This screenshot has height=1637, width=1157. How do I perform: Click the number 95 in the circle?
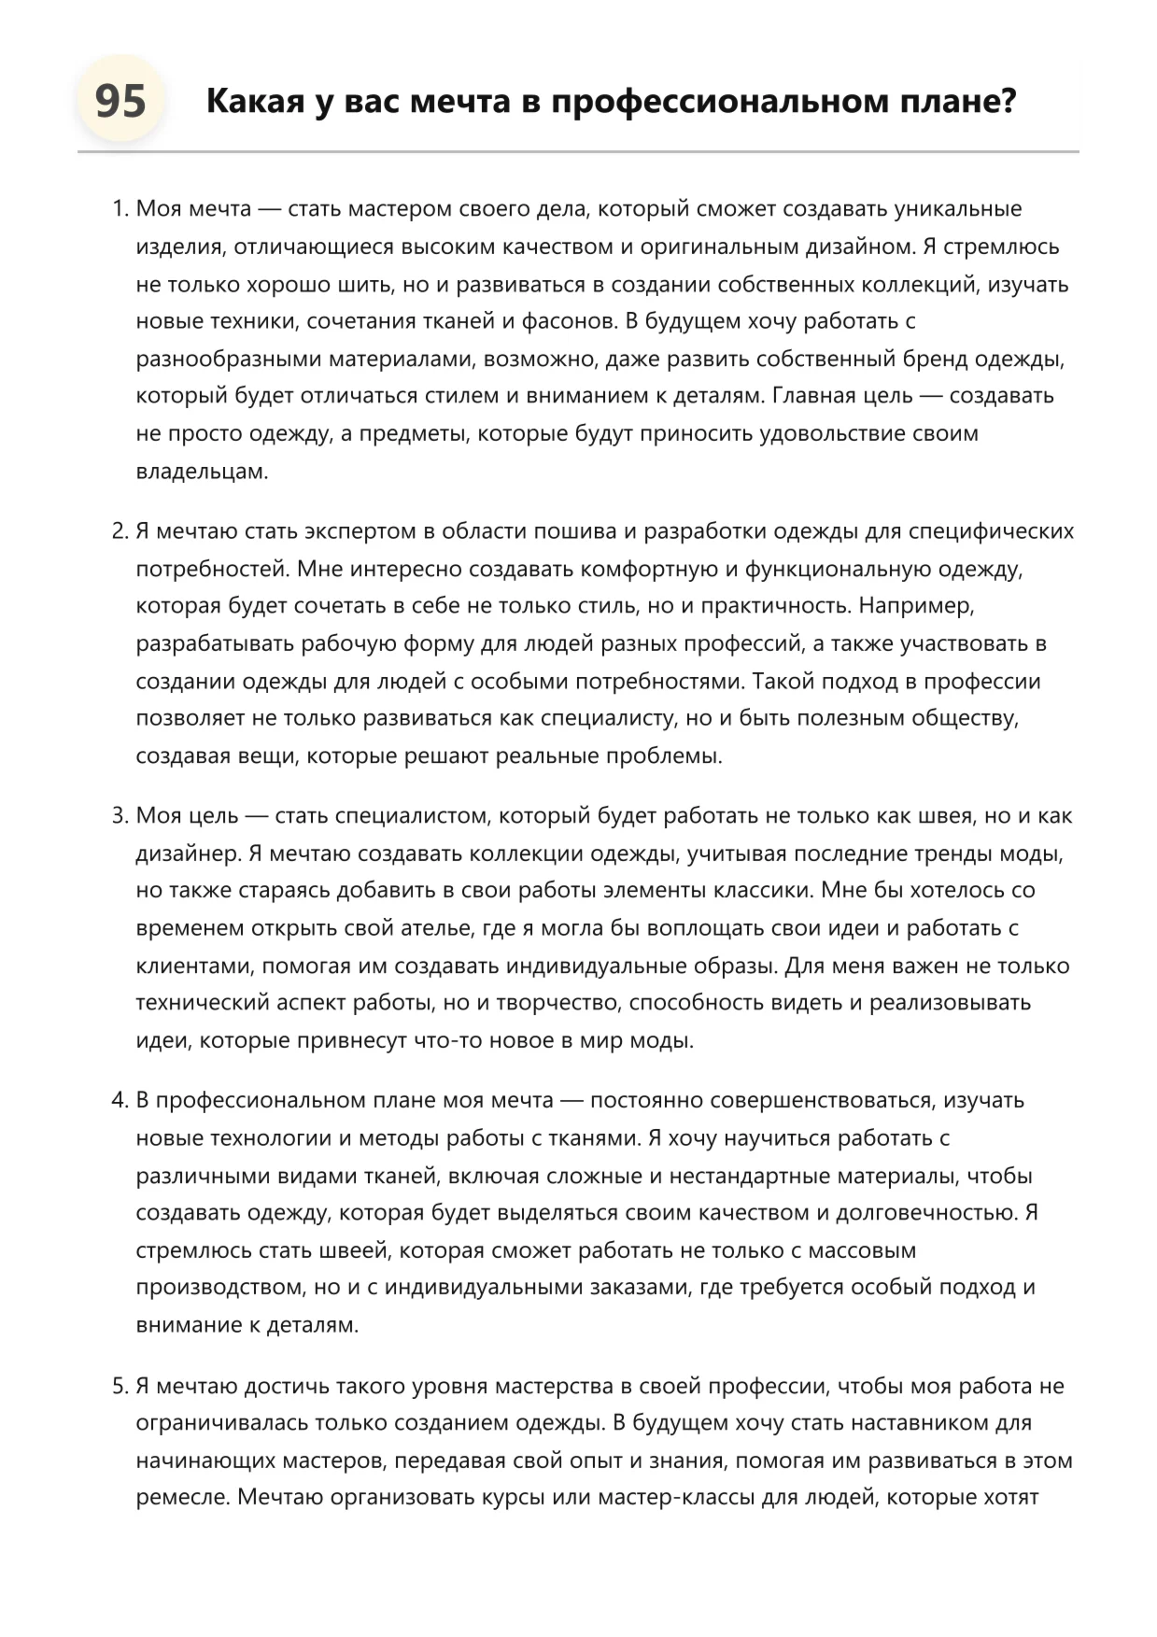(120, 101)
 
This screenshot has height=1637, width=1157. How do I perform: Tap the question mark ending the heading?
(1007, 101)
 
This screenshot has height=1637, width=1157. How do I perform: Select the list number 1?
(119, 209)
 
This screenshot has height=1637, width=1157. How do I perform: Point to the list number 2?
(119, 531)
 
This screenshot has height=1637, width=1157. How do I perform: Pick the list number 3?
(119, 815)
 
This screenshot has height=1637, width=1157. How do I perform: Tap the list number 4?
(119, 1100)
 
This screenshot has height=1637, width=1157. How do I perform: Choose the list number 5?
(119, 1386)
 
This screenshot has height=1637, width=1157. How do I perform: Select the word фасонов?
(569, 321)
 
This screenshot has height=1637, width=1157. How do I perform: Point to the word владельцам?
(202, 472)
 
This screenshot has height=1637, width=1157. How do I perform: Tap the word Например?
(915, 606)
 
